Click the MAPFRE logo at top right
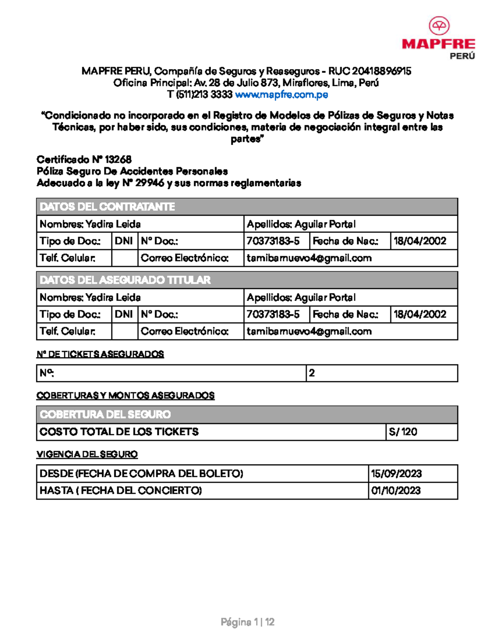(x=438, y=38)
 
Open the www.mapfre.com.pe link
(x=281, y=95)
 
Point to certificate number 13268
(x=118, y=159)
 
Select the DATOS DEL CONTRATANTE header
(x=107, y=206)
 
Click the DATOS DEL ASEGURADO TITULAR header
(x=125, y=280)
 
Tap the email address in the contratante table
(x=309, y=258)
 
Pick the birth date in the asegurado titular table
(x=420, y=314)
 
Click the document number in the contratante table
(x=273, y=241)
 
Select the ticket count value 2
(x=312, y=373)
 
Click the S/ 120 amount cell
(x=403, y=432)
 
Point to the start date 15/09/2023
(x=396, y=474)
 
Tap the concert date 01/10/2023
(x=396, y=490)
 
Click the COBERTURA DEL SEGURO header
(x=105, y=414)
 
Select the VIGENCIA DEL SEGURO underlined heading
(x=87, y=454)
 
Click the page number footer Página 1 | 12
(x=247, y=622)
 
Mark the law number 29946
(x=150, y=183)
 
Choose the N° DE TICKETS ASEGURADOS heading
(x=100, y=354)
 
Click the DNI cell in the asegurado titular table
(x=124, y=314)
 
